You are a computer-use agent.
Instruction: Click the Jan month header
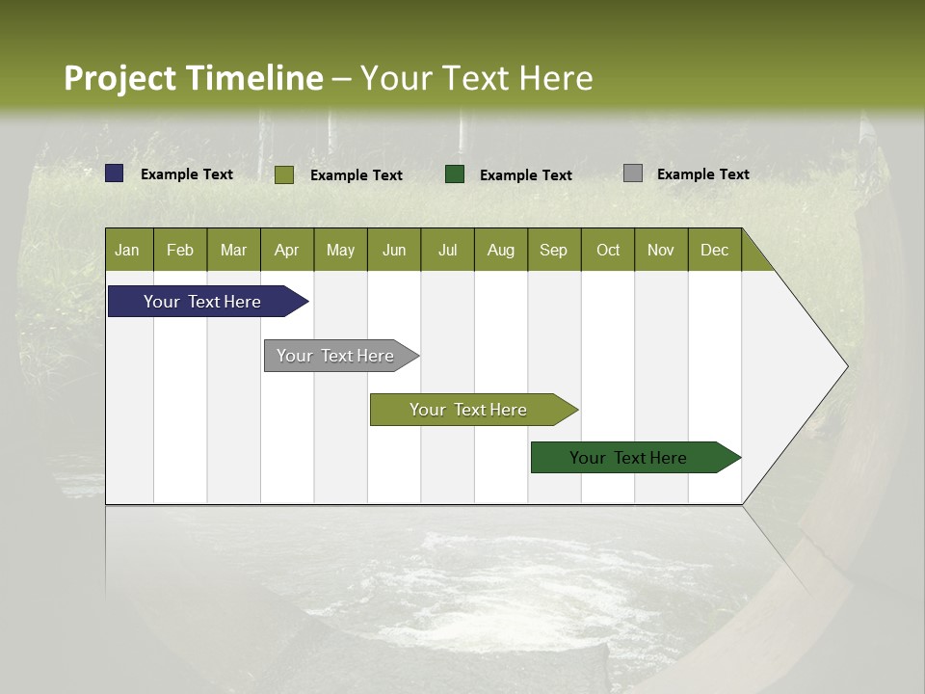click(x=127, y=250)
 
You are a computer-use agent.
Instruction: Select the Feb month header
click(x=180, y=250)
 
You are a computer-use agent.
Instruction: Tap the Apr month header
click(x=286, y=250)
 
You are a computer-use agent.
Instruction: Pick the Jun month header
click(x=394, y=250)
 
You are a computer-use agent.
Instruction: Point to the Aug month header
click(x=500, y=250)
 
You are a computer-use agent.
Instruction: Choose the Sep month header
click(x=553, y=250)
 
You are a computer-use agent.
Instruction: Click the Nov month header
click(x=660, y=250)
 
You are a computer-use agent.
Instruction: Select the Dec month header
click(x=714, y=250)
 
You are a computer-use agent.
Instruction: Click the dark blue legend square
click(x=115, y=173)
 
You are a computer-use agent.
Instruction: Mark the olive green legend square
click(x=284, y=174)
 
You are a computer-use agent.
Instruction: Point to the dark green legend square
click(x=455, y=173)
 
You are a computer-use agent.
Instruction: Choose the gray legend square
click(x=633, y=173)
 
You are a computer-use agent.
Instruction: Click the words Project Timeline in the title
click(x=194, y=78)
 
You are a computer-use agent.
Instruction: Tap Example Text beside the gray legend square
click(x=702, y=174)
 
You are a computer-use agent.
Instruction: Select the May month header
click(x=340, y=250)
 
